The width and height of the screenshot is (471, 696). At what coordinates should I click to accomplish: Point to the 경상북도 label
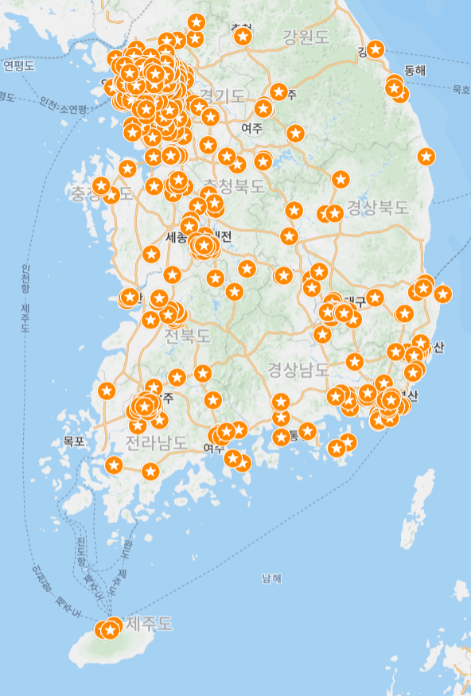tap(378, 208)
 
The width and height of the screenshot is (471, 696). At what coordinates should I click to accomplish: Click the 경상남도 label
tap(298, 369)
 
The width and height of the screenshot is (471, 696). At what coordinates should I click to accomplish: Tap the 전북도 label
tap(188, 336)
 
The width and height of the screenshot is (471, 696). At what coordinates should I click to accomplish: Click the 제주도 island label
tap(149, 623)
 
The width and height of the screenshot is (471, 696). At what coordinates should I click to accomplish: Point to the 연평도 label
tap(19, 65)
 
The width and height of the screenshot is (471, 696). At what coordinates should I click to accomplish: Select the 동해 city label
tap(415, 70)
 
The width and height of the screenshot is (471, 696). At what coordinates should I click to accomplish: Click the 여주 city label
tap(252, 128)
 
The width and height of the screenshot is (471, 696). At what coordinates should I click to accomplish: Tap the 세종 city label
tap(176, 237)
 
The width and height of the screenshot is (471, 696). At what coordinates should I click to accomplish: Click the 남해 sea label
tap(271, 578)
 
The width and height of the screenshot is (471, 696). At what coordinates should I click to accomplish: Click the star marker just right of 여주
tap(295, 133)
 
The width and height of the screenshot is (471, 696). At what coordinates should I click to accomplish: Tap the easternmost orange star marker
tap(442, 294)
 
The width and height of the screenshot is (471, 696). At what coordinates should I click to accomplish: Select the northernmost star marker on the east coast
tap(376, 49)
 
